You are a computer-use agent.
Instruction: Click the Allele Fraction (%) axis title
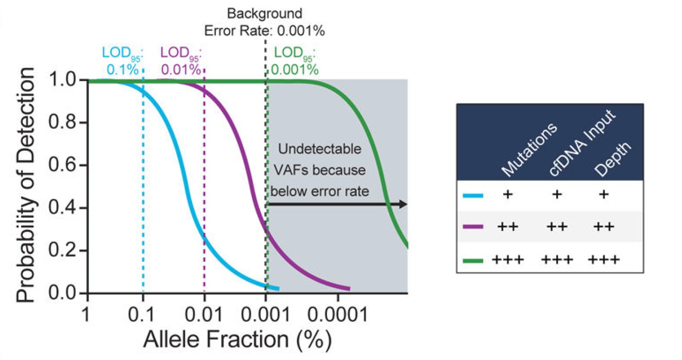point(238,340)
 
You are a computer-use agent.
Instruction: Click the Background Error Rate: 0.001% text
point(264,22)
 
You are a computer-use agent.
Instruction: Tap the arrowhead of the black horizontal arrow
point(404,204)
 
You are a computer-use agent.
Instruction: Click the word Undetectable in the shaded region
point(320,149)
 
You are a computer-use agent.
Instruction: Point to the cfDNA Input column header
point(582,143)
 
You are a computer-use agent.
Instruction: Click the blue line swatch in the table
point(473,196)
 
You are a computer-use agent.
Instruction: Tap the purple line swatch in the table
point(473,227)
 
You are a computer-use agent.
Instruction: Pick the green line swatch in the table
point(473,261)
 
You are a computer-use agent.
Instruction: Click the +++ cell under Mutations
point(508,260)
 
